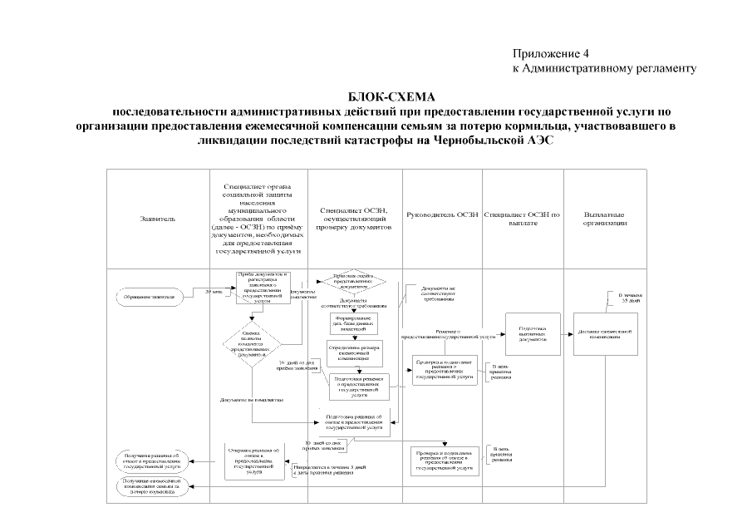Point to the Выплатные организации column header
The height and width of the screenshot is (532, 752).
pyautogui.click(x=604, y=219)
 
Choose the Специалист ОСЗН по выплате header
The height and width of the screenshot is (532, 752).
pyautogui.click(x=523, y=219)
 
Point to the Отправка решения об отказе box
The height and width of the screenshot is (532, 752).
pyautogui.click(x=256, y=461)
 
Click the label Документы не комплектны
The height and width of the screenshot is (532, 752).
pyautogui.click(x=252, y=401)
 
